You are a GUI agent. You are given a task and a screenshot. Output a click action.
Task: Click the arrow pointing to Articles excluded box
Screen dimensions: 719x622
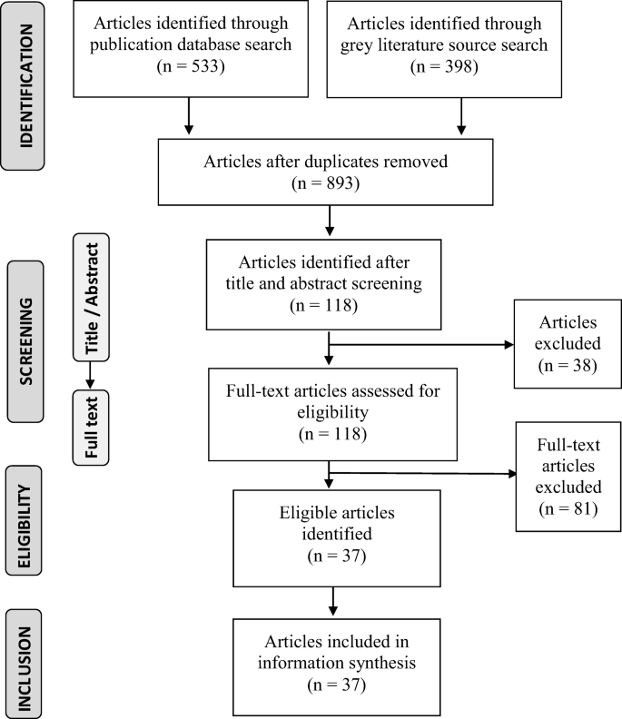pyautogui.click(x=418, y=345)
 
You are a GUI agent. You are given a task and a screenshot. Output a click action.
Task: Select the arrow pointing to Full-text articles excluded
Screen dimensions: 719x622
pyautogui.click(x=418, y=472)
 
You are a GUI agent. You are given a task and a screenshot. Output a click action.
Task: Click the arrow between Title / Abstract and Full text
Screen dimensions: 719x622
pyautogui.click(x=91, y=377)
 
